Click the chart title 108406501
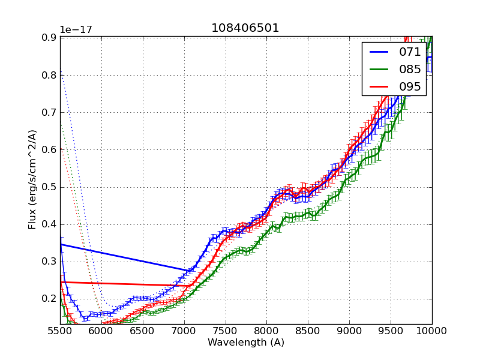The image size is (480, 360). point(245,28)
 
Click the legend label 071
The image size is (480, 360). point(410,52)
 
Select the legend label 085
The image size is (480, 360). point(410,70)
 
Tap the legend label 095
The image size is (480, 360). point(410,87)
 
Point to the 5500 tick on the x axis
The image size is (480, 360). point(60,331)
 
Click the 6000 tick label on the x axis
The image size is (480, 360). point(101,331)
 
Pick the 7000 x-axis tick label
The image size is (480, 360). point(184,331)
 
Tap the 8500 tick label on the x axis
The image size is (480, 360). point(308,331)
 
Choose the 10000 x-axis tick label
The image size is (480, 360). point(432,331)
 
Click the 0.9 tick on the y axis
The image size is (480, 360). point(49,37)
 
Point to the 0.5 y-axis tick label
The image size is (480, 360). point(49,187)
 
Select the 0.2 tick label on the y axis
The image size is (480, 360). point(49,299)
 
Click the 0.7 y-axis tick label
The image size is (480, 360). point(49,112)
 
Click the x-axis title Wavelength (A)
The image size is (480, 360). point(246,343)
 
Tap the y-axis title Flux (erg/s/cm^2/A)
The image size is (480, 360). point(33,179)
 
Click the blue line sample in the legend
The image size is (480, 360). point(379,52)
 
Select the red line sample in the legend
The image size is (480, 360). point(379,87)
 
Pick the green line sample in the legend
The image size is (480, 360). point(379,70)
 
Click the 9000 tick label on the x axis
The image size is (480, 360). point(349,331)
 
